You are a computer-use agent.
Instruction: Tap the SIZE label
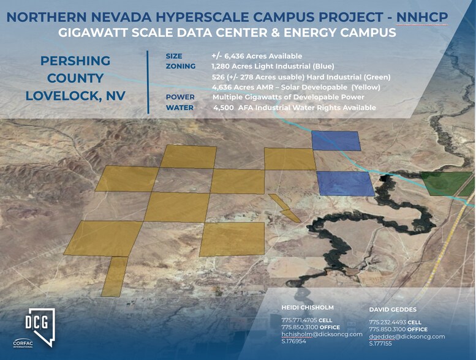click(174, 56)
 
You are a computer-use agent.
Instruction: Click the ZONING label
click(180, 66)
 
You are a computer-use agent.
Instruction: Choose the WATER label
click(179, 108)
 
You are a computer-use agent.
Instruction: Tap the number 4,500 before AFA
click(224, 108)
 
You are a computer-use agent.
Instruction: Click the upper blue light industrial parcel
click(336, 141)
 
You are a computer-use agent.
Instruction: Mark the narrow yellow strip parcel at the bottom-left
click(115, 276)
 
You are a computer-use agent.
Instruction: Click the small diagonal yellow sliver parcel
click(284, 208)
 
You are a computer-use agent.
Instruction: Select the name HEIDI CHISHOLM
click(308, 307)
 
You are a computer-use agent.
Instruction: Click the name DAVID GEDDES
click(393, 310)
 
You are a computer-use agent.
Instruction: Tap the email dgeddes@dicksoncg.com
click(407, 337)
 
